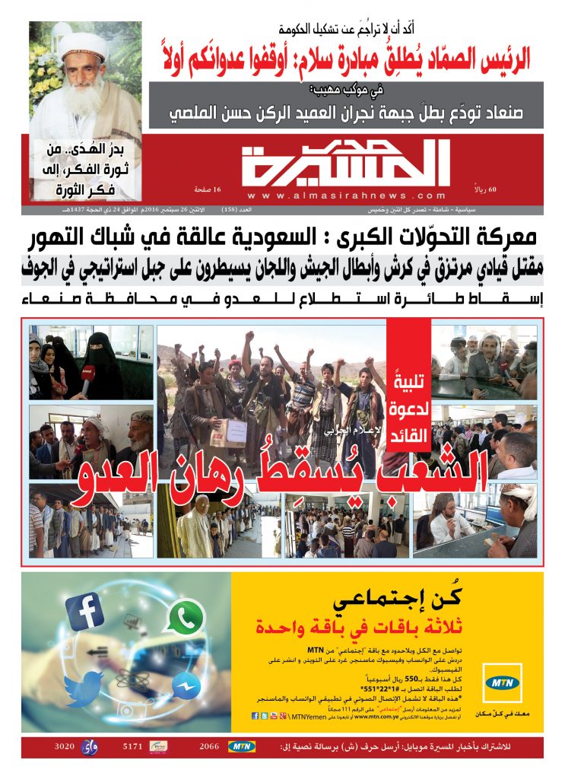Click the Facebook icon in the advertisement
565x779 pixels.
[84, 612]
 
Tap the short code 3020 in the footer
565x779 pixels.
[64, 747]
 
